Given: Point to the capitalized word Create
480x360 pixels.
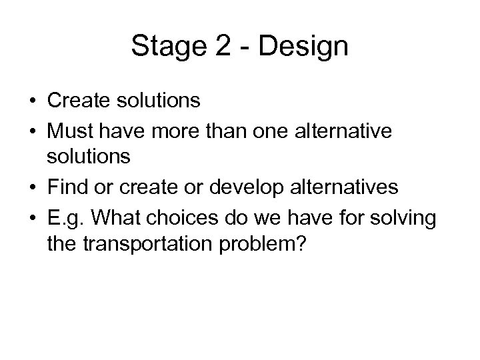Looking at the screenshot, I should click(77, 101).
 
